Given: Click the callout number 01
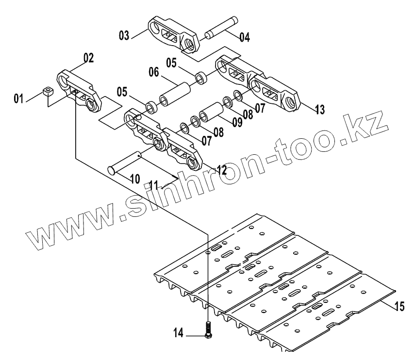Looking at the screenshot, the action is click(x=19, y=99).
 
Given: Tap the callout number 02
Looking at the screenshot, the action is click(x=88, y=58).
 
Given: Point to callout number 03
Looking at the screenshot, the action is click(x=124, y=34).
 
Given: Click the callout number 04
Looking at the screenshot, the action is click(x=244, y=36).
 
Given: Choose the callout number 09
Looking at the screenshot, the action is click(x=237, y=122).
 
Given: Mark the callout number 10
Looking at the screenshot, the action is click(x=134, y=179).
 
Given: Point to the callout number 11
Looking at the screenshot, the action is click(x=154, y=185).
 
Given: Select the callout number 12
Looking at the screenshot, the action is click(x=221, y=170).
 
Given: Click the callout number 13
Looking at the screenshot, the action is click(x=319, y=109).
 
